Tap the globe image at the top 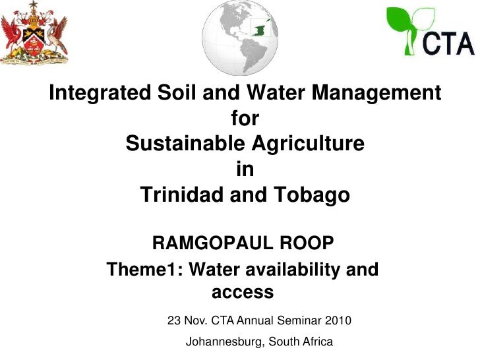pos(240,37)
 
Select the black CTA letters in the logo pos(448,43)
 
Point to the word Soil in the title pos(176,93)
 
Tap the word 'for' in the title pos(245,119)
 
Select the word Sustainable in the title pos(184,144)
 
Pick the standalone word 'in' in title pos(245,169)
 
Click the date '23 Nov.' pos(187,321)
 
